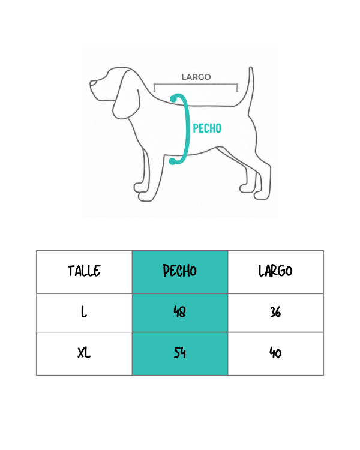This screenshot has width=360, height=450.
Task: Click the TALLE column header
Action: pyautogui.click(x=84, y=271)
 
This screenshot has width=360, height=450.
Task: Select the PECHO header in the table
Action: pyautogui.click(x=180, y=271)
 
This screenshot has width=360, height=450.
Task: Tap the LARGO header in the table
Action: pyautogui.click(x=275, y=271)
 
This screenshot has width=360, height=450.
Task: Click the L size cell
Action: pyautogui.click(x=83, y=311)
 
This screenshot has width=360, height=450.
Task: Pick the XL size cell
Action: pyautogui.click(x=84, y=352)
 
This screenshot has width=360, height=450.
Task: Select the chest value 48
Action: pyautogui.click(x=180, y=311)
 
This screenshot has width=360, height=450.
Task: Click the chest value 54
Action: pyautogui.click(x=180, y=353)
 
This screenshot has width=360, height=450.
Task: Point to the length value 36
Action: pyautogui.click(x=275, y=311)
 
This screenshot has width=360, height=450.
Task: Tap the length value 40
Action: pyautogui.click(x=275, y=353)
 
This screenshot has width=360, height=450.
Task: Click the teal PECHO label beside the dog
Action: pyautogui.click(x=207, y=128)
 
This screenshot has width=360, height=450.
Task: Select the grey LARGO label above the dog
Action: pyautogui.click(x=196, y=77)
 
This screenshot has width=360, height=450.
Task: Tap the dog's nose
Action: pyautogui.click(x=92, y=83)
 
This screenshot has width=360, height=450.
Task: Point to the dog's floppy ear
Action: pyautogui.click(x=127, y=95)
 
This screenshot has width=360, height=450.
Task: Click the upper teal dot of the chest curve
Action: pyautogui.click(x=173, y=99)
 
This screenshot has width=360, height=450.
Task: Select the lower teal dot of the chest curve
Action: pyautogui.click(x=172, y=161)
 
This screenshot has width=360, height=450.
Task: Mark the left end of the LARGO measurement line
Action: pyautogui.click(x=154, y=85)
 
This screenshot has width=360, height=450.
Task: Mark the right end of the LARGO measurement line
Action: pyautogui.click(x=237, y=85)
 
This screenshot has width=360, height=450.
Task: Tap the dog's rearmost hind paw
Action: pyautogui.click(x=262, y=196)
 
